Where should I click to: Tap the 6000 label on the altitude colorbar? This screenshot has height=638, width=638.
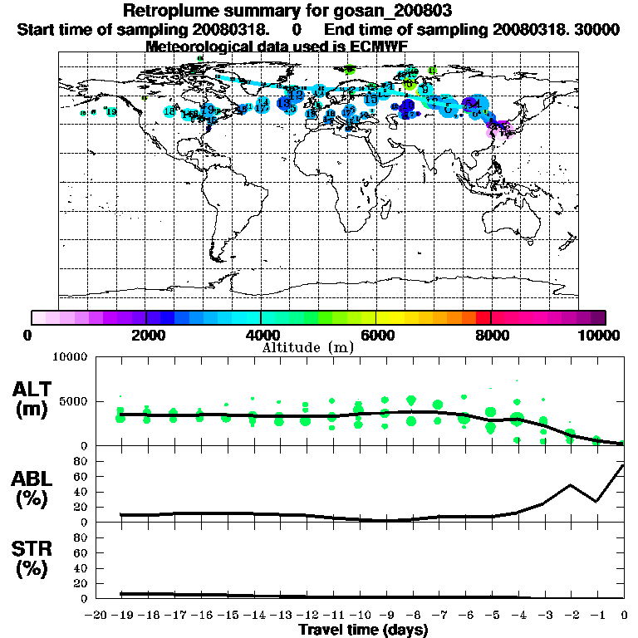(x=375, y=335)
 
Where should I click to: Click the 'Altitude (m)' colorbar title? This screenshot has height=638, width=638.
(x=308, y=346)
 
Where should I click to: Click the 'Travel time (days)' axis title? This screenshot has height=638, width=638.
(x=363, y=630)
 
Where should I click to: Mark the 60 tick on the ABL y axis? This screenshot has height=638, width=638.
(x=81, y=476)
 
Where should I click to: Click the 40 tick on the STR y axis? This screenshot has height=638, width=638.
(x=81, y=568)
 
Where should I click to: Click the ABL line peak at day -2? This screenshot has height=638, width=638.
(x=571, y=485)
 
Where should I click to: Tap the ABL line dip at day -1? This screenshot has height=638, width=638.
(x=596, y=501)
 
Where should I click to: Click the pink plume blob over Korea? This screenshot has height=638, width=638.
(x=498, y=129)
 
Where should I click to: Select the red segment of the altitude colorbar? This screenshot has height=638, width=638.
(x=483, y=317)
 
